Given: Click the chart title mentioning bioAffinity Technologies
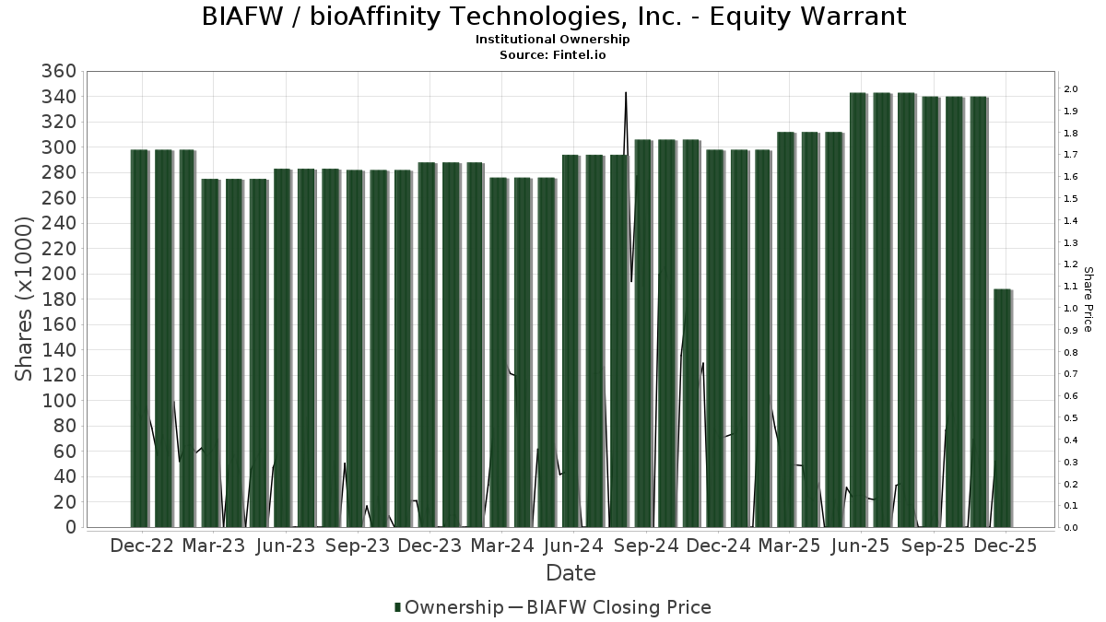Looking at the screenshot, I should pos(553,17).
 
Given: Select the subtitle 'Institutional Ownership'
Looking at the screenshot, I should pos(553,40).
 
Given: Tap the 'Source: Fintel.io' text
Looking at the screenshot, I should pos(553,54).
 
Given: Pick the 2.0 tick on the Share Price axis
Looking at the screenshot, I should pos(1070,89).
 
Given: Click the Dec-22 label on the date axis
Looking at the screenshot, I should pos(141,546).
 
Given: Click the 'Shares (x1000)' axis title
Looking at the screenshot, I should pos(26,299).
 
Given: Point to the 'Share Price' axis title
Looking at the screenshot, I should pos(1088,299).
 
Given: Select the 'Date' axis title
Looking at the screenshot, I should pos(571,573).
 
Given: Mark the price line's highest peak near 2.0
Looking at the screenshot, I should pos(626,93).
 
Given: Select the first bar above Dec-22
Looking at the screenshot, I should pos(139,337).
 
